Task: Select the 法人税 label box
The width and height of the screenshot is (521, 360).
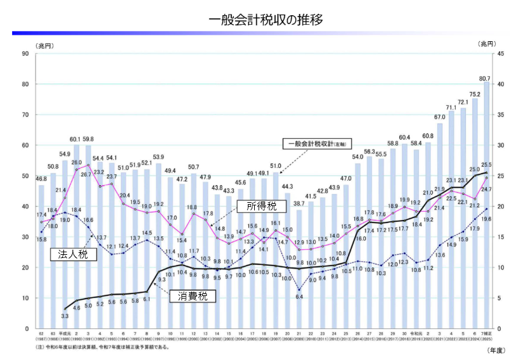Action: pos(70,254)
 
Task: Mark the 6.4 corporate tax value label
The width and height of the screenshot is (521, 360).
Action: pos(299,296)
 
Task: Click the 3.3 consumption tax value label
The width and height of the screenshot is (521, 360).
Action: pos(65,315)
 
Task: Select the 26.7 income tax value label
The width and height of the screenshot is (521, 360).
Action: pos(86,172)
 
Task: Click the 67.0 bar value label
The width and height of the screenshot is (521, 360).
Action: pos(439,117)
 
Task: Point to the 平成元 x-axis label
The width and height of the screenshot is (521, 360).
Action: pos(64,333)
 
